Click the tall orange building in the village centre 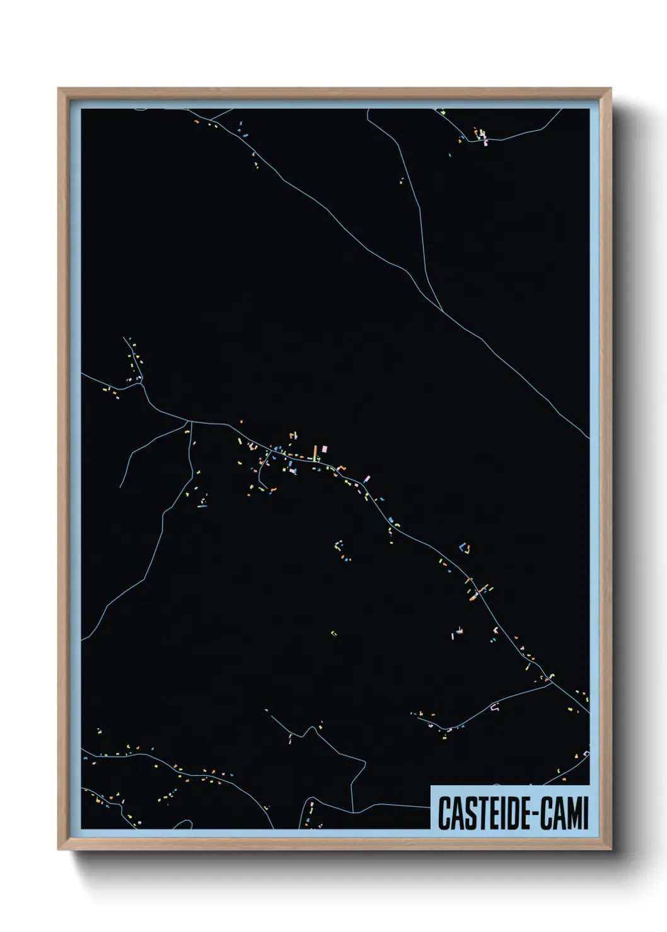[315, 453]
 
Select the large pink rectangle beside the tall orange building [325, 449]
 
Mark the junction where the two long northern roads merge [443, 310]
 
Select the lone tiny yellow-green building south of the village [333, 634]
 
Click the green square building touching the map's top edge [443, 112]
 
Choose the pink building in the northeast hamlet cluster [485, 141]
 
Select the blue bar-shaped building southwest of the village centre [202, 505]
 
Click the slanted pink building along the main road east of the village [367, 480]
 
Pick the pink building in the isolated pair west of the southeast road [460, 630]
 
